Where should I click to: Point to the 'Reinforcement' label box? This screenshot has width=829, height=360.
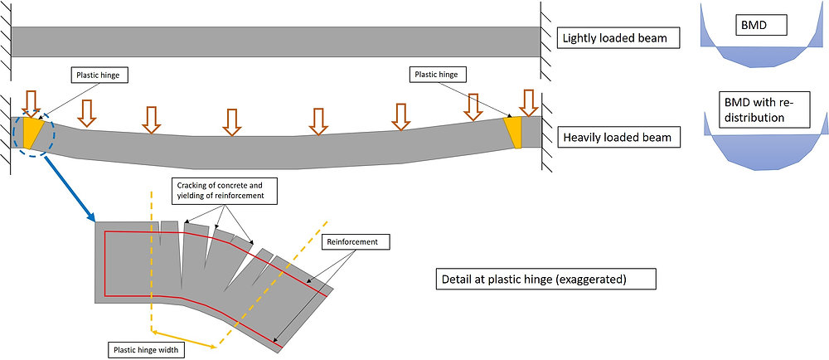[354, 241]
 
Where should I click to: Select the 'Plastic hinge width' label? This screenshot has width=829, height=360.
[145, 350]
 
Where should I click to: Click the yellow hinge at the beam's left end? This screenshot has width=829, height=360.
[32, 133]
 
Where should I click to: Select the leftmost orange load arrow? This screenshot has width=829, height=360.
[31, 101]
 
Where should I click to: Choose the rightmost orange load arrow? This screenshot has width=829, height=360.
[528, 103]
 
